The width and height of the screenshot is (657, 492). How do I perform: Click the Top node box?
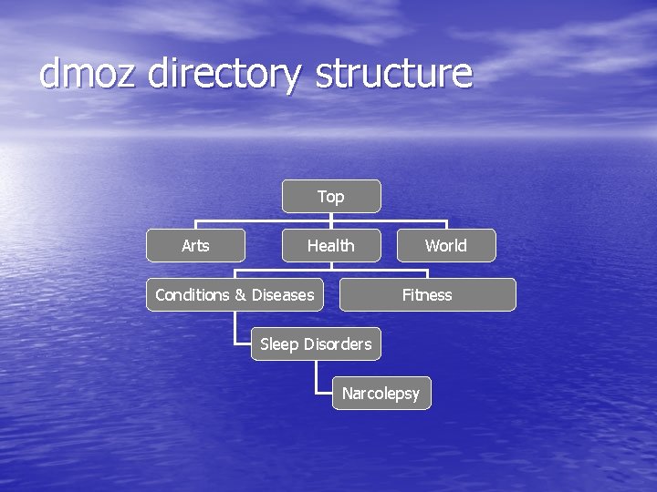330,196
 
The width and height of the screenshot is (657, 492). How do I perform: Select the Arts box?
195,245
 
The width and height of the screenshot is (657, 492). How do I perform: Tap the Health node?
330,245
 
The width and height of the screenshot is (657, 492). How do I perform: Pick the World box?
445,245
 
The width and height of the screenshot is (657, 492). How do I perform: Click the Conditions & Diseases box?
235,294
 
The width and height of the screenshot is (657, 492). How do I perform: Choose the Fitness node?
427,294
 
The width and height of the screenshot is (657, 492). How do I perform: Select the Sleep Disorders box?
316,343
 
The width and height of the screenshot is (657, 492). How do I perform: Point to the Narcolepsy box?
381,393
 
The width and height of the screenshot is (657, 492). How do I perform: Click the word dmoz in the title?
88,74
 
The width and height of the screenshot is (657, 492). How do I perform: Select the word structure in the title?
394,74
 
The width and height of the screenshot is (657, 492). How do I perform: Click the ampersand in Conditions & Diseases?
241,295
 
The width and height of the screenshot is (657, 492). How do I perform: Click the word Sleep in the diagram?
280,343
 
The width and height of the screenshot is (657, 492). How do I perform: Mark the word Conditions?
193,294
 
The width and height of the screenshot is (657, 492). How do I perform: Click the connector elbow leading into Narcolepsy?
317,393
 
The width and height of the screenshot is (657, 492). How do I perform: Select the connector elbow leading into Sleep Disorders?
235,344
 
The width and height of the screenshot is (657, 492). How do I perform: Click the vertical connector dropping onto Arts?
195,224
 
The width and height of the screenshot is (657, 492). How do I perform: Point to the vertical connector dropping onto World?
445,224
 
